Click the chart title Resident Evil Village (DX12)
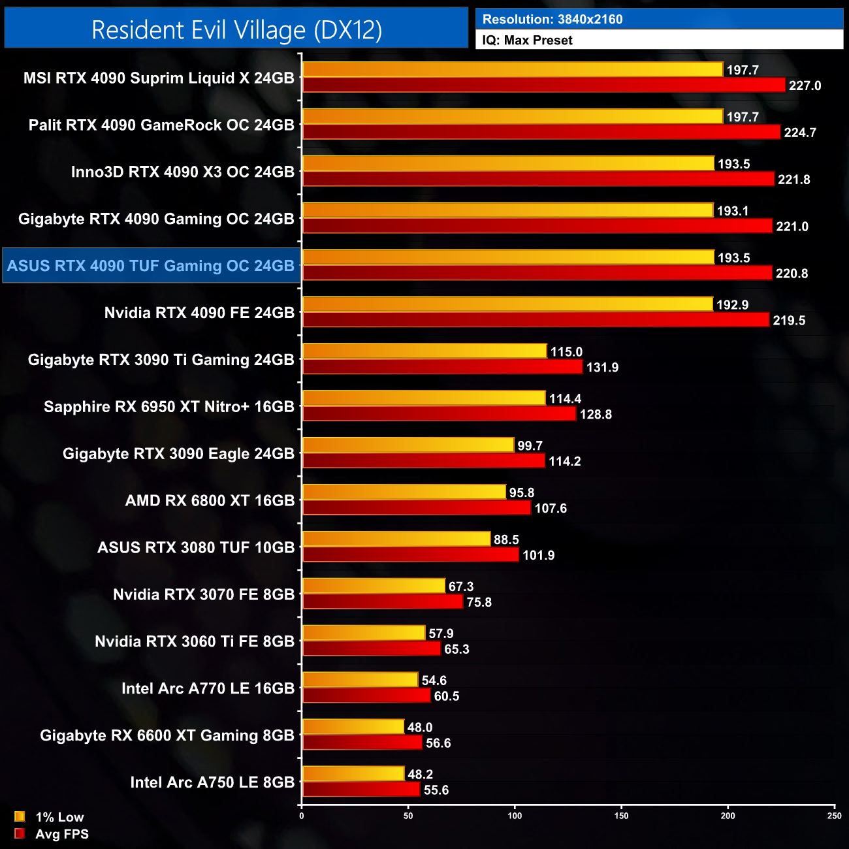click(236, 30)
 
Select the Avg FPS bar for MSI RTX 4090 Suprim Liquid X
click(543, 86)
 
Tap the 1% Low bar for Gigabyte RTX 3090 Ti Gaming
click(424, 351)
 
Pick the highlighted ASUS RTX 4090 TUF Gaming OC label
click(151, 266)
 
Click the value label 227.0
click(805, 86)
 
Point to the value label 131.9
click(602, 368)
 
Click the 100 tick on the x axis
click(515, 816)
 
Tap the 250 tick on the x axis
click(834, 816)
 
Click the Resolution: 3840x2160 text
click(553, 20)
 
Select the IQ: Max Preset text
click(527, 40)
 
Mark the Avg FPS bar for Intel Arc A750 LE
click(361, 790)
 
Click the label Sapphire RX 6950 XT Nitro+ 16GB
click(169, 407)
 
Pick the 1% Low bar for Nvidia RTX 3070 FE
click(374, 586)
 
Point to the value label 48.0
click(420, 728)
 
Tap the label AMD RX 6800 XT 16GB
click(210, 501)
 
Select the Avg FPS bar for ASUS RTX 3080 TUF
click(411, 555)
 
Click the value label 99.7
click(530, 445)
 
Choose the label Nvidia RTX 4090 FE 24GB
click(199, 313)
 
